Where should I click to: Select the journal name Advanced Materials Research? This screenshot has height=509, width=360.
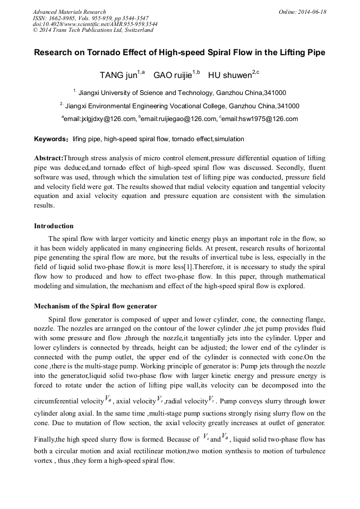pyautogui.click(x=70, y=12)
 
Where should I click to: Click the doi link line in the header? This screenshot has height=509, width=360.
pyautogui.click(x=95, y=24)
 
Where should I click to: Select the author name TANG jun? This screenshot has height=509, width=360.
pyautogui.click(x=118, y=75)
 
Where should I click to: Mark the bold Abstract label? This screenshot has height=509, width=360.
pyautogui.click(x=48, y=159)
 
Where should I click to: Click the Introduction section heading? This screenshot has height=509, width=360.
pyautogui.click(x=54, y=226)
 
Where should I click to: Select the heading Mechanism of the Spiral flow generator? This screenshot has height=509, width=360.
pyautogui.click(x=95, y=306)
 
